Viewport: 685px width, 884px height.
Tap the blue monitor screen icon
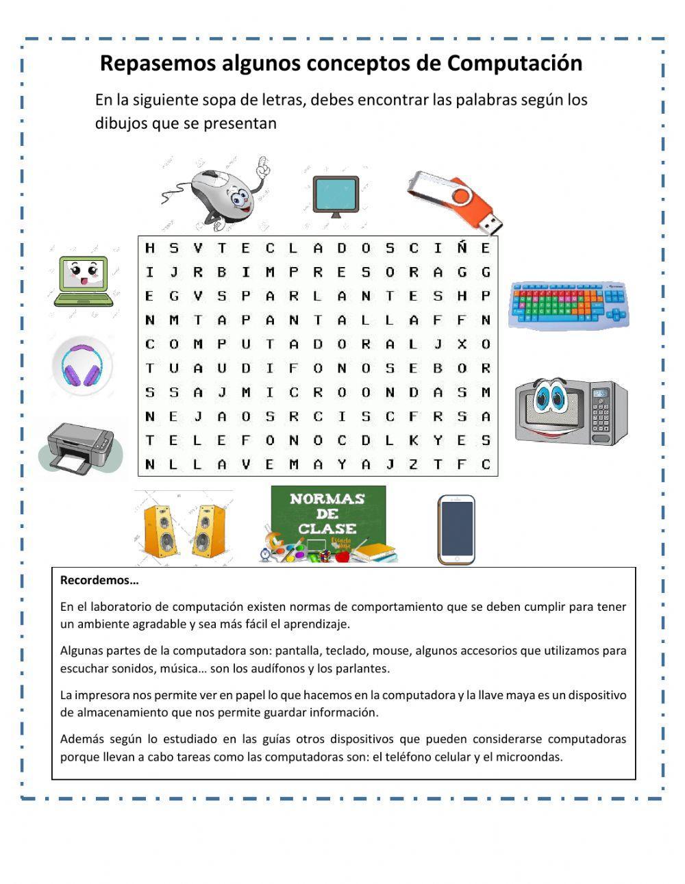(336, 195)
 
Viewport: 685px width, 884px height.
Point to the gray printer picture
(81, 447)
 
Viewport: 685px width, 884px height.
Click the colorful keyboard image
(568, 305)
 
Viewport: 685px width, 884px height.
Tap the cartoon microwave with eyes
(571, 411)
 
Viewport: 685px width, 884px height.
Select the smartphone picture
(456, 529)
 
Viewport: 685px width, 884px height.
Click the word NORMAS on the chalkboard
(327, 499)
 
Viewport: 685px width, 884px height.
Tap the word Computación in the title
(515, 63)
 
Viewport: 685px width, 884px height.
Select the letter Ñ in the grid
(462, 248)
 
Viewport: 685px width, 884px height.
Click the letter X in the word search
(462, 344)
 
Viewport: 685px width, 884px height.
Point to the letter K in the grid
(414, 440)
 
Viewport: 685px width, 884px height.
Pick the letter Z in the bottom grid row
(414, 464)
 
